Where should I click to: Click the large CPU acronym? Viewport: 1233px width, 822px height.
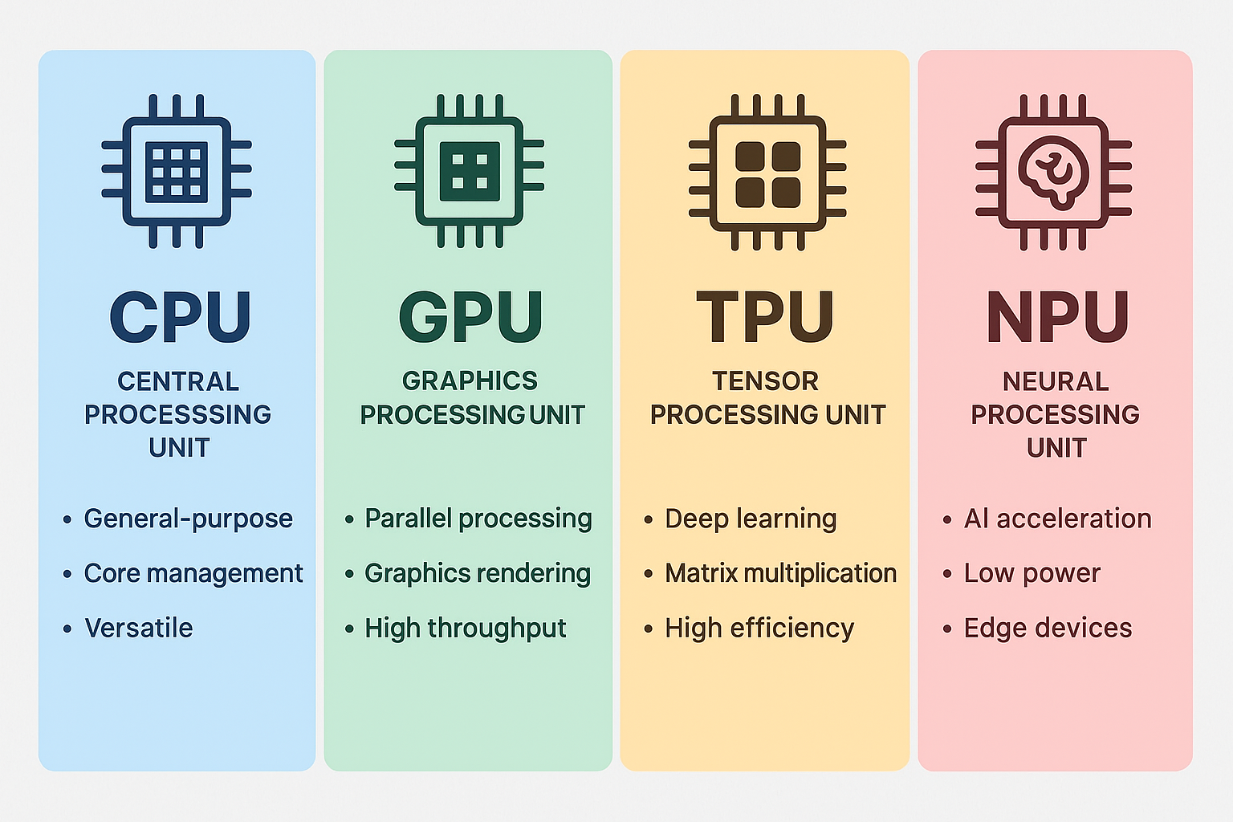[181, 316]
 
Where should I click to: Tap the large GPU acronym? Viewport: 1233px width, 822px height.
[470, 316]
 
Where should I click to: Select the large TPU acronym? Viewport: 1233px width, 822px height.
[765, 316]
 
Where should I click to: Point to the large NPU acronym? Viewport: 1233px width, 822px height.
[1057, 316]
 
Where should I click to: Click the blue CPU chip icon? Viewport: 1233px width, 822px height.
[177, 171]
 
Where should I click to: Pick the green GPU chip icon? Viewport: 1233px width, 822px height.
[470, 171]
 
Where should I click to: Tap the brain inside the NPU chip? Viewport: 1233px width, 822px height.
[1053, 169]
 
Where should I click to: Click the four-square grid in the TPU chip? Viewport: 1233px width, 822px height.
[768, 174]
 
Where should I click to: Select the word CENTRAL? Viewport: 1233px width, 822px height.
[178, 381]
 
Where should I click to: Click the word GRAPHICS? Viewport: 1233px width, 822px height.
[470, 380]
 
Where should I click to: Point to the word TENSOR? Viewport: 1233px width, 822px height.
[765, 381]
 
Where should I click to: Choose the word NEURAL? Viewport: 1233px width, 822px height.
[1056, 381]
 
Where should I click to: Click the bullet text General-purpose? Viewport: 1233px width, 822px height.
[188, 519]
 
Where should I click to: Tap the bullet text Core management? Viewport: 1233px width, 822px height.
[193, 573]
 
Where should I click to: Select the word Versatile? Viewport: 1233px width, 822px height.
[139, 628]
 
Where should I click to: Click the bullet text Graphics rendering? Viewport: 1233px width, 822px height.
[478, 573]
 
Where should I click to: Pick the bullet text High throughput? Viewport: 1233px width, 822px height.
[466, 628]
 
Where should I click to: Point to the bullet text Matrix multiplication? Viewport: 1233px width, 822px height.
[780, 573]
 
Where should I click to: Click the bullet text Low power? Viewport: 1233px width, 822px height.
[1032, 573]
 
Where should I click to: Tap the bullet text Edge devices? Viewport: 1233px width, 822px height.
[1048, 628]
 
